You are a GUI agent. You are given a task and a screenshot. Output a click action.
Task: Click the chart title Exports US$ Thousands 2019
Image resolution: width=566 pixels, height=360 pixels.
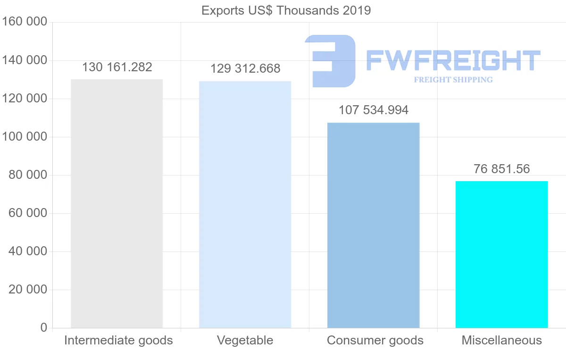click(286, 10)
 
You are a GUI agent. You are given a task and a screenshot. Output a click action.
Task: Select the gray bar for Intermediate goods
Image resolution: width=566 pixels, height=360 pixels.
click(117, 203)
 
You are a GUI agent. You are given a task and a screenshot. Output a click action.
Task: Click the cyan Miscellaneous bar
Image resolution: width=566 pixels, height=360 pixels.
click(501, 254)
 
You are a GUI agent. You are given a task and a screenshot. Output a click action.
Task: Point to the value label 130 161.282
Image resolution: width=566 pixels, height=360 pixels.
click(117, 67)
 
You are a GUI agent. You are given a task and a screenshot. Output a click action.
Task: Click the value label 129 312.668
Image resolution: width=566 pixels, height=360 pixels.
click(245, 69)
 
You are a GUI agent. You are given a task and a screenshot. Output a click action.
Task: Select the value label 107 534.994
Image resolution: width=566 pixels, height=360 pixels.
click(374, 110)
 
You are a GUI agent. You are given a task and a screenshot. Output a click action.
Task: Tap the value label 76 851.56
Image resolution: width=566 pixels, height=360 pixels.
click(502, 169)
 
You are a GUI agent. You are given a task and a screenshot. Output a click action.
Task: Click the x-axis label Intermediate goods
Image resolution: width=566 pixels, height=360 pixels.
click(118, 340)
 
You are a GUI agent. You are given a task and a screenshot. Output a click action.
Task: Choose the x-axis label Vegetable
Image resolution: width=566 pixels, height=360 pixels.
click(245, 340)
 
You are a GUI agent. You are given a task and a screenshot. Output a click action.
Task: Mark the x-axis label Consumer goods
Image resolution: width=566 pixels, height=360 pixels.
click(375, 340)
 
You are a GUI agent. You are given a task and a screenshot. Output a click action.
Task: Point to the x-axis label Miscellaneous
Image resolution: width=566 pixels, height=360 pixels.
click(502, 340)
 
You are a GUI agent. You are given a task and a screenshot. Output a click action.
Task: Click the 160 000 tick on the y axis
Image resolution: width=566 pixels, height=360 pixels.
click(25, 22)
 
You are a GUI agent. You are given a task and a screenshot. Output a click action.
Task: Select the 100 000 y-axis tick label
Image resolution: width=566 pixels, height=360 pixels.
click(25, 137)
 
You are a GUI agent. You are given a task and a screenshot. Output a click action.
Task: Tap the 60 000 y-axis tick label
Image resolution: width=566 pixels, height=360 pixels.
click(28, 213)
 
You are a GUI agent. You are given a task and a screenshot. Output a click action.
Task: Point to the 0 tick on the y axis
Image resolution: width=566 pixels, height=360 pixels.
click(44, 327)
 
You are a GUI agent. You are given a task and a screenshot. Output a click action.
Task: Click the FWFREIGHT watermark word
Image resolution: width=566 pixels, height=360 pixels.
click(453, 61)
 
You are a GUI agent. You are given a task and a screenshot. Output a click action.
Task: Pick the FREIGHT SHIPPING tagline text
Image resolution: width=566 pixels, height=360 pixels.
click(453, 80)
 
